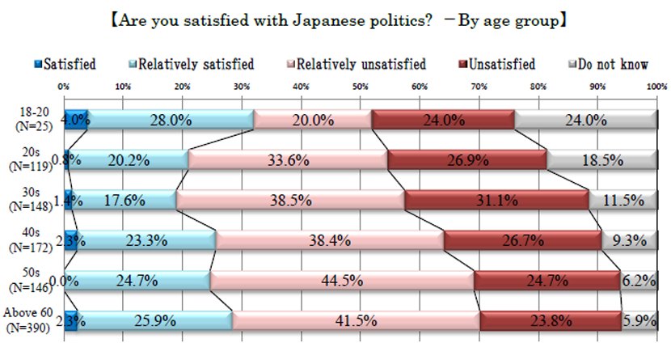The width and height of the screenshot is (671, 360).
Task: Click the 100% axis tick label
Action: click(x=656, y=87)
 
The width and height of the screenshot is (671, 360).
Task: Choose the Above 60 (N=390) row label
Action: click(x=30, y=321)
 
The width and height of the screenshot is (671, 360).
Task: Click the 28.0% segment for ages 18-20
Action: click(x=171, y=120)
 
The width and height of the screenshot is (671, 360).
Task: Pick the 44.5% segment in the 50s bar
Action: click(x=342, y=280)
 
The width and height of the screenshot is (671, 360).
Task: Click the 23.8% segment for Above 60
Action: click(x=551, y=320)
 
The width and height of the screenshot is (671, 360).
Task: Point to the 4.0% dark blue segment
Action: click(x=76, y=120)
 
